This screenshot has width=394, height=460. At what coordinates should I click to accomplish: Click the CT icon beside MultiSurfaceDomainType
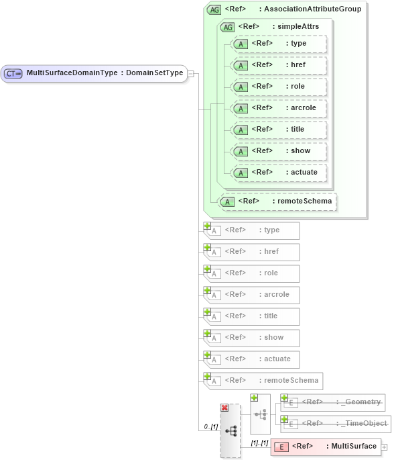[13, 73]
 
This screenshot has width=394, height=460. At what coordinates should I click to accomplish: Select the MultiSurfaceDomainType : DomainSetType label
[105, 73]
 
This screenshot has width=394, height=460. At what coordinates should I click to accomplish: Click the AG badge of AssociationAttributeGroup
[214, 9]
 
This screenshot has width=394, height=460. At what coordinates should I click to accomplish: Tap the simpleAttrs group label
[279, 27]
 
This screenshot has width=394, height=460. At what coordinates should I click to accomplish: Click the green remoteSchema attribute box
[277, 201]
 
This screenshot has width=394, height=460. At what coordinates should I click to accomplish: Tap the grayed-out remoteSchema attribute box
[263, 381]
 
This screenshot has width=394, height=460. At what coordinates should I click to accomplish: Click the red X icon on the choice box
[224, 408]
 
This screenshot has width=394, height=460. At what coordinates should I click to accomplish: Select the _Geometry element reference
[333, 402]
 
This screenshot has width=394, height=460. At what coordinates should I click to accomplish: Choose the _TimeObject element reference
[333, 423]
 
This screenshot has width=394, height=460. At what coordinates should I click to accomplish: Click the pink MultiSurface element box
[325, 447]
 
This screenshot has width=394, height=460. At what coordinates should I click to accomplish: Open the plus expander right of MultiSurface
[385, 447]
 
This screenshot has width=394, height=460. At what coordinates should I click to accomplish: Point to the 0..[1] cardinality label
[210, 426]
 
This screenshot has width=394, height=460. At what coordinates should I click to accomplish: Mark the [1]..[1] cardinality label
[259, 443]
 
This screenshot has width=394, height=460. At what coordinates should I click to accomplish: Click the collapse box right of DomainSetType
[191, 73]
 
